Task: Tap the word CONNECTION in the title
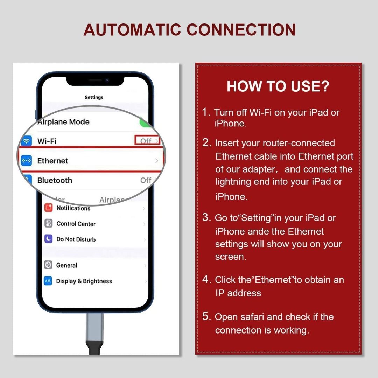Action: [x=241, y=30]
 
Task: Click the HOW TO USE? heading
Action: [x=278, y=86]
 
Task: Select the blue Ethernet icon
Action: [x=27, y=161]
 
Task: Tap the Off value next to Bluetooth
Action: [x=146, y=180]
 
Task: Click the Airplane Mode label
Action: [x=63, y=122]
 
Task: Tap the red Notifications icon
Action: [x=48, y=208]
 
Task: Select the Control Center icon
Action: [x=48, y=224]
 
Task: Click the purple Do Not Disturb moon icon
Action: [x=48, y=239]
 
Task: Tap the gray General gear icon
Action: [x=48, y=265]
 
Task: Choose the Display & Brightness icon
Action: [x=48, y=281]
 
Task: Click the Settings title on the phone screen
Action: [x=94, y=97]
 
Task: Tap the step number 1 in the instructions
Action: [x=206, y=112]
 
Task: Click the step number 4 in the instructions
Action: [x=206, y=280]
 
